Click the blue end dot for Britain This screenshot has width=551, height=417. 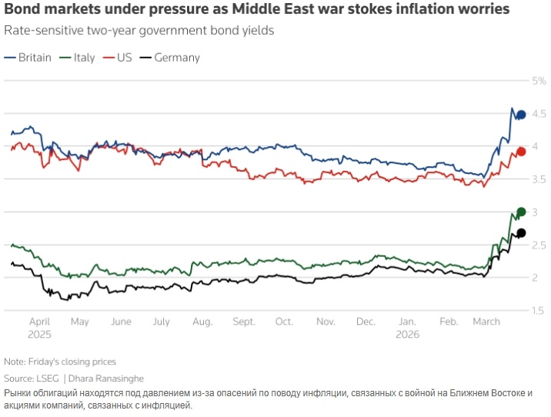tap(521, 115)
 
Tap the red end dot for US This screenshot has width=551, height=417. tap(521, 152)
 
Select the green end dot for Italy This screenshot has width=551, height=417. tap(521, 212)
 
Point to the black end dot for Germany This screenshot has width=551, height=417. tap(521, 233)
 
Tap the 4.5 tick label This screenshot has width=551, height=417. tap(539, 114)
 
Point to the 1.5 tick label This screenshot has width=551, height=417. tap(539, 310)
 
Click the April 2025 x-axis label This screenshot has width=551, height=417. tap(39, 328)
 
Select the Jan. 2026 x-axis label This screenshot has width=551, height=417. tap(407, 328)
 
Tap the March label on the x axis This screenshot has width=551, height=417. tap(486, 322)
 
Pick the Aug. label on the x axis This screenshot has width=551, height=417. tap(202, 322)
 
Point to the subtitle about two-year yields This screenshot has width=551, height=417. tap(139, 32)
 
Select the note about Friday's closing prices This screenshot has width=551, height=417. tap(59, 362)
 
